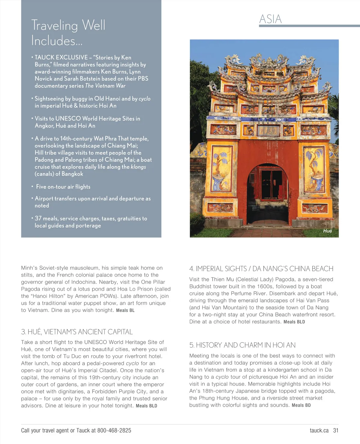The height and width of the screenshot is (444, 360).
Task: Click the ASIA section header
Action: point(270,19)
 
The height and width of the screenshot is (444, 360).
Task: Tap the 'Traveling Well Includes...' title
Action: point(68,33)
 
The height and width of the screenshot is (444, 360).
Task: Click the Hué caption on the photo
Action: point(327,231)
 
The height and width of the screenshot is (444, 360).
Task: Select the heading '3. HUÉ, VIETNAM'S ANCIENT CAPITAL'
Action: point(77,332)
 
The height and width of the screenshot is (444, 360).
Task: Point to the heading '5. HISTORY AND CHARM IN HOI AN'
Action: point(242,345)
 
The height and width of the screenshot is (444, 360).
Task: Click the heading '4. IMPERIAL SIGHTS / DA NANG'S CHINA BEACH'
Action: point(261,268)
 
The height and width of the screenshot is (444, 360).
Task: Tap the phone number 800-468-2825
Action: point(114,430)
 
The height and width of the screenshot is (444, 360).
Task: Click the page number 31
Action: point(336,430)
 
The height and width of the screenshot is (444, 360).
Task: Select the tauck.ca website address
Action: point(319,430)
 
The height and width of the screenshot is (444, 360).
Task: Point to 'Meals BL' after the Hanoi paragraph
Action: point(125,310)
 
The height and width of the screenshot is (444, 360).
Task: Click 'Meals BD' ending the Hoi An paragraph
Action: point(301,405)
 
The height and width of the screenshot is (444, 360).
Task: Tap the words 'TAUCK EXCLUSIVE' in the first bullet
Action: point(61,57)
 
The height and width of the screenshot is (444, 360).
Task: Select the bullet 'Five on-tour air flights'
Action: point(63,187)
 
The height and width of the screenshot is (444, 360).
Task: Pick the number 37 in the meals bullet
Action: point(38,218)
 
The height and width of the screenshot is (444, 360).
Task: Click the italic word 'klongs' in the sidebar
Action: point(138,167)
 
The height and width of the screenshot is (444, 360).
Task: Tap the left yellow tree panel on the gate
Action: point(222,168)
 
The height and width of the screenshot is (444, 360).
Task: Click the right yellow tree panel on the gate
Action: point(314,169)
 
